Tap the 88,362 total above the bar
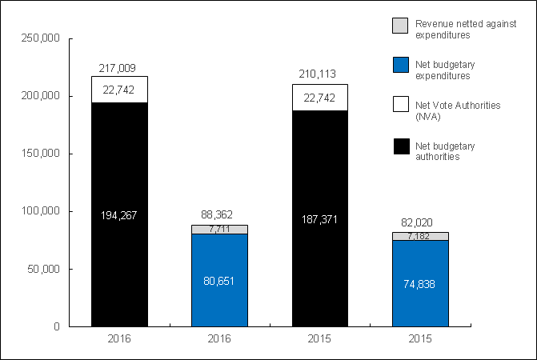click(x=219, y=216)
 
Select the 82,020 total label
click(x=419, y=223)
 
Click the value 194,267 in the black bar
click(x=119, y=214)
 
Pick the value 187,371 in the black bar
click(x=319, y=218)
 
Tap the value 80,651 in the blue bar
click(x=219, y=281)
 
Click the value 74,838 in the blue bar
click(x=419, y=284)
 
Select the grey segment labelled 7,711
click(x=219, y=230)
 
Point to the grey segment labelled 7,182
click(x=419, y=236)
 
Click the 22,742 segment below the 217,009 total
click(x=119, y=90)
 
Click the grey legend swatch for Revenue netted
click(x=400, y=25)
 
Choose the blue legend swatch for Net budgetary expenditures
click(x=400, y=66)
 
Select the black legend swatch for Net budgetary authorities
click(x=400, y=146)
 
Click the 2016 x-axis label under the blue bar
click(x=219, y=340)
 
